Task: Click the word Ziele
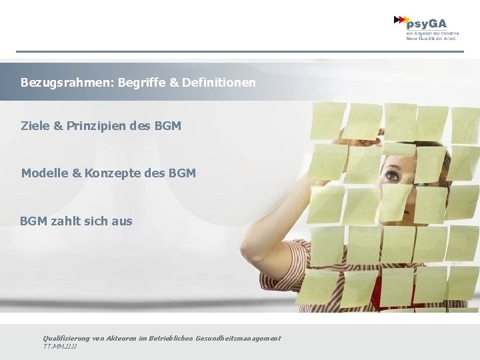pos(35,125)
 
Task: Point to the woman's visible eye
pos(392,176)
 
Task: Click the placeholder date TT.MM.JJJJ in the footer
pos(60,347)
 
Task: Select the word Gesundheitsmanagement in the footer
pos(237,339)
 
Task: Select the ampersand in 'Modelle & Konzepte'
pos(77,173)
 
